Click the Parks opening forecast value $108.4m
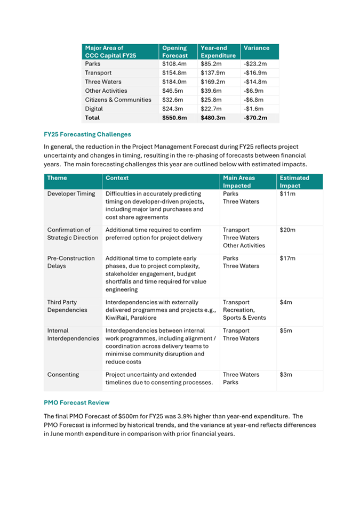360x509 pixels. pos(175,64)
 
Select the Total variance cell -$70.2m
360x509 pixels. pos(255,118)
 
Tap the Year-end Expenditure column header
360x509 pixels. pos(218,51)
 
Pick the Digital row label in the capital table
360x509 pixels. pos(93,109)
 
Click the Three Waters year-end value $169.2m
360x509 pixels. pos(213,82)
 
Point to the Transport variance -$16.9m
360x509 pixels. pos(254,73)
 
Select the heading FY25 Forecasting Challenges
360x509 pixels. pos(87,134)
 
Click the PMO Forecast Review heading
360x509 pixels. pos(76,403)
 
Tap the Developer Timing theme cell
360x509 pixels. pos(71,194)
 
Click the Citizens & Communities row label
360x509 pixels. pos(118,100)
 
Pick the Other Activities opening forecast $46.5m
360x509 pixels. pos(173,91)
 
